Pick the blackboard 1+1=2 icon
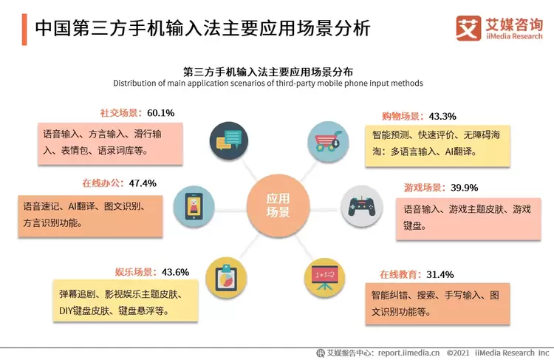325,276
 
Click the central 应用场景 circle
278,206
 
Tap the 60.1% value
160,113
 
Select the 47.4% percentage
143,183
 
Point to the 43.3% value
442,116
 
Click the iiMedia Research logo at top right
499,27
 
